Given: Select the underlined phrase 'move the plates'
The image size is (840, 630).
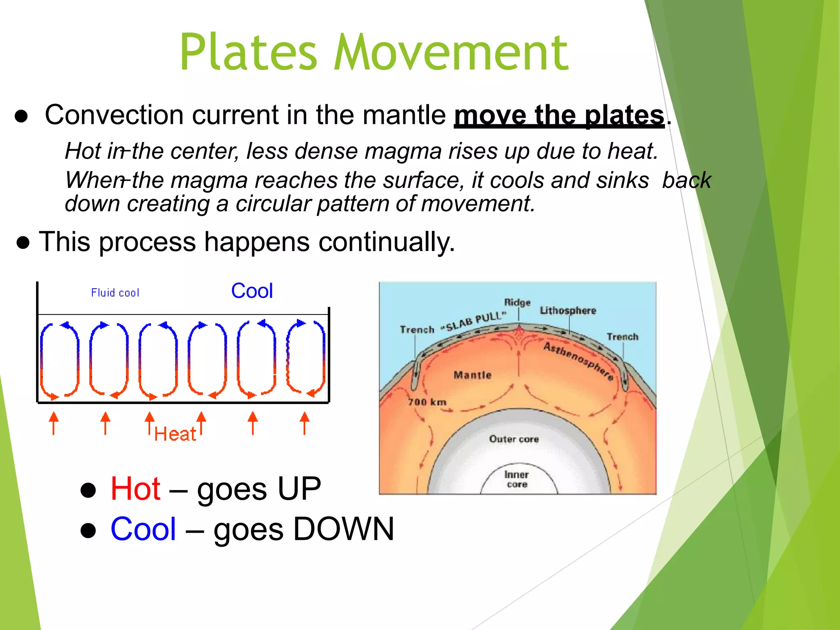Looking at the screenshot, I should pyautogui.click(x=559, y=116).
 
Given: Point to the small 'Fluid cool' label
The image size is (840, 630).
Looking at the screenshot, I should pyautogui.click(x=115, y=293).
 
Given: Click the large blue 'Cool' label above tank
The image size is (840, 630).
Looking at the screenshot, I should pyautogui.click(x=252, y=291).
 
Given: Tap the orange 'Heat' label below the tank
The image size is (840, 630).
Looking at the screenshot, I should pyautogui.click(x=175, y=434).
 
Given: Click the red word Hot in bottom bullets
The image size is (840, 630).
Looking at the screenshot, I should pyautogui.click(x=135, y=489).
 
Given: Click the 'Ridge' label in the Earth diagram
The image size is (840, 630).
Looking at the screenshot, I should pyautogui.click(x=517, y=303).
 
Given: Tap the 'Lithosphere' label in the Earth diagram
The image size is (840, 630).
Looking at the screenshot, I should pyautogui.click(x=568, y=310).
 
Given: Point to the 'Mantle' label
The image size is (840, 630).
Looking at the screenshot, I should pyautogui.click(x=472, y=375).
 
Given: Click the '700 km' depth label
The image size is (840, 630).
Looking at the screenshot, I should pyautogui.click(x=427, y=402).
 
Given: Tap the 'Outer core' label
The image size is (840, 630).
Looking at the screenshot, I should pyautogui.click(x=514, y=439).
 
